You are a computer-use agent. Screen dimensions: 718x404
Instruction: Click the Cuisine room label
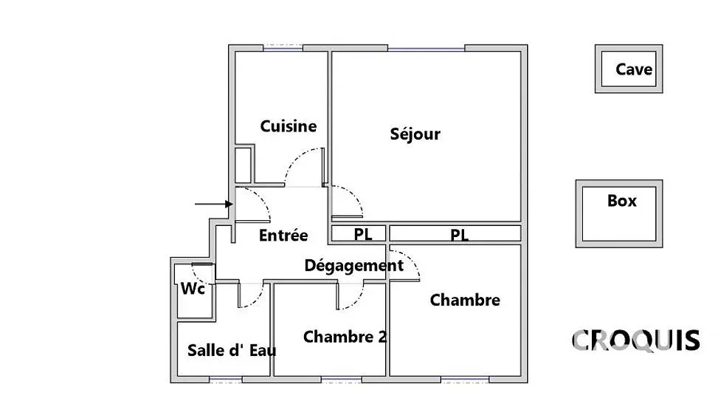point(288,126)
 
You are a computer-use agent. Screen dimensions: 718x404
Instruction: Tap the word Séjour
point(415,134)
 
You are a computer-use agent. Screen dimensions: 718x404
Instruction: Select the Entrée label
point(283,236)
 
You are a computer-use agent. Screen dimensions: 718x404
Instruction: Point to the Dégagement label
point(354,265)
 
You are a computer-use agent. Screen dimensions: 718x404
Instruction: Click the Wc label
point(193,289)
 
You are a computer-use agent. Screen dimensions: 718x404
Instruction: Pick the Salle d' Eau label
point(232,351)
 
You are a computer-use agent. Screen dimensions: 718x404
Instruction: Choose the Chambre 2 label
point(345,337)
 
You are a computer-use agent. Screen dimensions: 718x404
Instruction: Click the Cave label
point(634,69)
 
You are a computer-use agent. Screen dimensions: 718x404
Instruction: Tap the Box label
point(622,201)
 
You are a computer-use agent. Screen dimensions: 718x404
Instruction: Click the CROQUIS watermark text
point(636,340)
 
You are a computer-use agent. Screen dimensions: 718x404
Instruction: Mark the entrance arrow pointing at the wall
point(214,204)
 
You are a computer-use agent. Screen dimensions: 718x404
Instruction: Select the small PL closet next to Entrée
point(359,233)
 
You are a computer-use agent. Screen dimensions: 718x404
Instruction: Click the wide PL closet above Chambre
point(455,233)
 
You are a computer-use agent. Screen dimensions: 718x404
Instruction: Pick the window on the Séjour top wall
point(427,48)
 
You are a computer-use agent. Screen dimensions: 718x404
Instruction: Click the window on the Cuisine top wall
point(283,48)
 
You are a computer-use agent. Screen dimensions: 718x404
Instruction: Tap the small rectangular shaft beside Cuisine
point(244,165)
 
